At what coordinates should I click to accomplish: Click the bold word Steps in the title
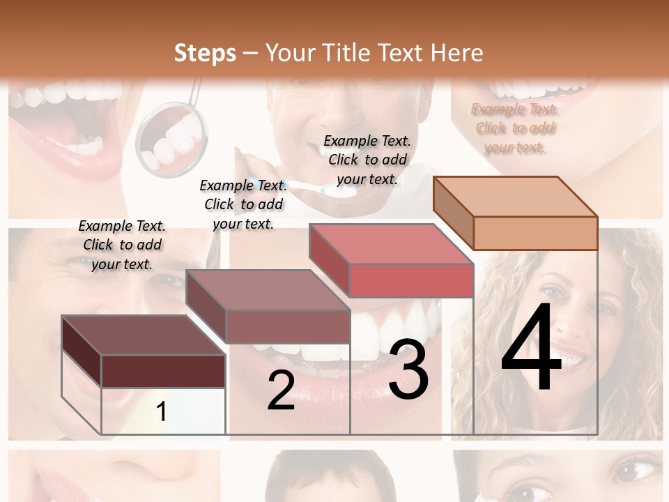tap(204, 53)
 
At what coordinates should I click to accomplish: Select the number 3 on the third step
tap(408, 370)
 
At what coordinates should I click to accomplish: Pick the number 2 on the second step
tap(281, 390)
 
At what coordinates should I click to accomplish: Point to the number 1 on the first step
tap(161, 411)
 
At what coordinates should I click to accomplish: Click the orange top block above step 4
tap(516, 213)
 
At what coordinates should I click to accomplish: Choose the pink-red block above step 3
tap(392, 260)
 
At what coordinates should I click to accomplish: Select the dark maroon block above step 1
tap(144, 351)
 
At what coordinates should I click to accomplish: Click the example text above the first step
tap(122, 245)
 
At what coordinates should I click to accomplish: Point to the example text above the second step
tap(243, 204)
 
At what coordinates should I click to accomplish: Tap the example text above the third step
tap(367, 160)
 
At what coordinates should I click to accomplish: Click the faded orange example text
tap(515, 128)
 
